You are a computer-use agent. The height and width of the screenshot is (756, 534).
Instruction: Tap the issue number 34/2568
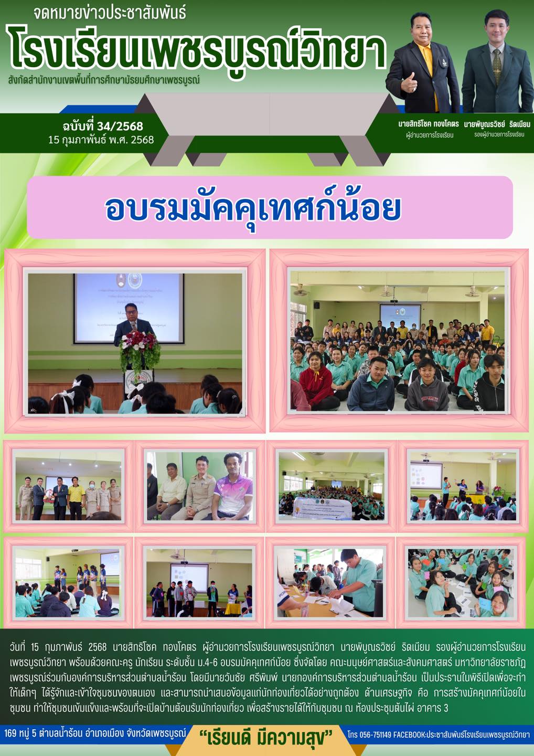pyautogui.click(x=120, y=126)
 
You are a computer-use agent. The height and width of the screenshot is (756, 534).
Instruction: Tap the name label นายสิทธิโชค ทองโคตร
pyautogui.click(x=429, y=124)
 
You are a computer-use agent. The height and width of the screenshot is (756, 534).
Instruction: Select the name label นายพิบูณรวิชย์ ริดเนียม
pyautogui.click(x=497, y=124)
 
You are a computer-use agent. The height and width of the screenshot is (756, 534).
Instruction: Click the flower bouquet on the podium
pyautogui.click(x=139, y=348)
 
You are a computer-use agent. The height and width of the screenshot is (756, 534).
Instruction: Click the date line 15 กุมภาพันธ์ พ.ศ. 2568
pyautogui.click(x=101, y=140)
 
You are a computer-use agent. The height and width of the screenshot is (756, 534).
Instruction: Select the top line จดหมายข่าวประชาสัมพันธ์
pyautogui.click(x=110, y=14)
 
